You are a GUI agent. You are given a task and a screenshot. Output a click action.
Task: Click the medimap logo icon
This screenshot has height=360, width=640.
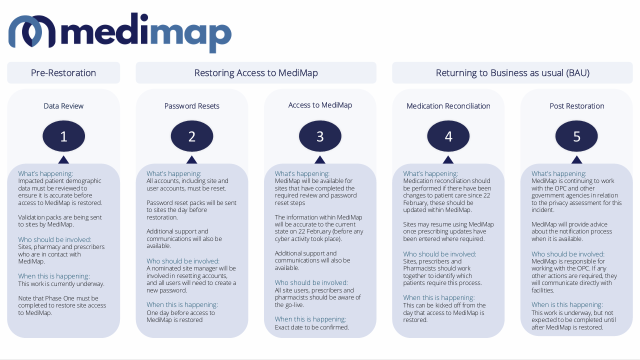[31, 31]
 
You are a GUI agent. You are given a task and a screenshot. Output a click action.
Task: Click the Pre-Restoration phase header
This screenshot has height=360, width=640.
[63, 73]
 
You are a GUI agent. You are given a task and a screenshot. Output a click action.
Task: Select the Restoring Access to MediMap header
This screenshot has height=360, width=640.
[256, 73]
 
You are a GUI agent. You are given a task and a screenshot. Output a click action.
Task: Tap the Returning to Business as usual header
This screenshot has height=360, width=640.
[512, 73]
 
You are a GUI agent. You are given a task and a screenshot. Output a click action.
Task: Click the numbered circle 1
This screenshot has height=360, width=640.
[63, 136]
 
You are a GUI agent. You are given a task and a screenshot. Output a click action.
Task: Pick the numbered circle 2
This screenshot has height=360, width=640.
[192, 136]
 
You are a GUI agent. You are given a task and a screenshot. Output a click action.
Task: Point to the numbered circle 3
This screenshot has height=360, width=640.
[320, 136]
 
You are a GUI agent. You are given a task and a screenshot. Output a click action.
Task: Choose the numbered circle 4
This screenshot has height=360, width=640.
[448, 136]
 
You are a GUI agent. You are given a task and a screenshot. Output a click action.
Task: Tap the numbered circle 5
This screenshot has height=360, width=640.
[576, 136]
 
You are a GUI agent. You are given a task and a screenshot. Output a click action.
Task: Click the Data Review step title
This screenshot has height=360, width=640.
[63, 106]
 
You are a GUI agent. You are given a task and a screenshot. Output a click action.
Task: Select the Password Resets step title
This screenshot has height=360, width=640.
[192, 106]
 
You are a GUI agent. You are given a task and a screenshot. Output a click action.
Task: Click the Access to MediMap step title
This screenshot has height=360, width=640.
[320, 105]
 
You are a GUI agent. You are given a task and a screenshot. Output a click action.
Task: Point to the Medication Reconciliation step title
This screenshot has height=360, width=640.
[448, 106]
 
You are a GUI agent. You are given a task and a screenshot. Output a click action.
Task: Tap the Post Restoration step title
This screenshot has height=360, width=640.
[576, 106]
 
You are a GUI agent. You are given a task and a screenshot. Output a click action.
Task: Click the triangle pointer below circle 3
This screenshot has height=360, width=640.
[320, 160]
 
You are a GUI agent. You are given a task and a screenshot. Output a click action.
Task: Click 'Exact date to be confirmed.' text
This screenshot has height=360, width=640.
[312, 327]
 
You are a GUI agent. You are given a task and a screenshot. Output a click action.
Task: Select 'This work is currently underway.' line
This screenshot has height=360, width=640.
[61, 284]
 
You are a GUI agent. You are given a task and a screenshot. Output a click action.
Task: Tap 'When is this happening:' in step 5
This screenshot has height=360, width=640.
[567, 304]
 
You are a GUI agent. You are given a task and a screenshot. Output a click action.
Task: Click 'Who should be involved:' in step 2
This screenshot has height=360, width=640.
[183, 261]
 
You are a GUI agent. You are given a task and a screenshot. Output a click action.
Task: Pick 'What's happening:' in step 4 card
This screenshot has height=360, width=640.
[430, 174]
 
